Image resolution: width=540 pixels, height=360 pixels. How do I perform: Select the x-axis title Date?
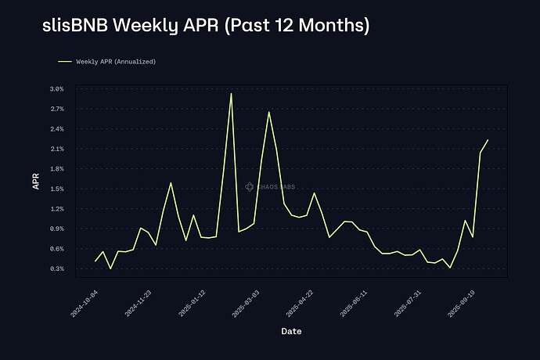[291, 331]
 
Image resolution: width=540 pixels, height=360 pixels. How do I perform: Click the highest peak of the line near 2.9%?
[231, 94]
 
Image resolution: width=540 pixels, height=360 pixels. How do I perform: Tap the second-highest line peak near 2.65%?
[268, 112]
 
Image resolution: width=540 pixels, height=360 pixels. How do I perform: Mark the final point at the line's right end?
[488, 140]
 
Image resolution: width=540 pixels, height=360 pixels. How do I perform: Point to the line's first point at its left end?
[95, 261]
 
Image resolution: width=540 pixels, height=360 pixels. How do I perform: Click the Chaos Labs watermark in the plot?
[270, 186]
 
